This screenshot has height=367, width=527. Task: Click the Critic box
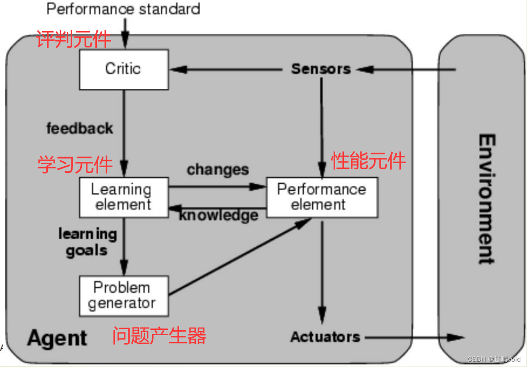[124, 69]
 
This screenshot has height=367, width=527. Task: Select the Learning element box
[124, 197]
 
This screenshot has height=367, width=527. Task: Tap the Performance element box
[322, 197]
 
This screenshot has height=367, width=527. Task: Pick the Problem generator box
[124, 295]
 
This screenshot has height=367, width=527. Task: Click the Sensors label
[321, 69]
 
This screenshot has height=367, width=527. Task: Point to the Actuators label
[325, 337]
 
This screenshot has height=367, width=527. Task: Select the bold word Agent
[57, 338]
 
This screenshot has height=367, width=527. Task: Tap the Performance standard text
[123, 9]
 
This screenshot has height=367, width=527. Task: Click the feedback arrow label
[80, 129]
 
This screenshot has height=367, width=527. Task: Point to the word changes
[218, 170]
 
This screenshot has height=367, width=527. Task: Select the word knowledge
[219, 215]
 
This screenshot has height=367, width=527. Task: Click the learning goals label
[87, 242]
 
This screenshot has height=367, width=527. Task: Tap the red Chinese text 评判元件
[74, 40]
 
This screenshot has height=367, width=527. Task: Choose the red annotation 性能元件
[368, 161]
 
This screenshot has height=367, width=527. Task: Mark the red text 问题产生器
[159, 336]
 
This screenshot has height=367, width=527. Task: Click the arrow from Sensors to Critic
[228, 69]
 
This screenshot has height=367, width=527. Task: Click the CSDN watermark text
[494, 359]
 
